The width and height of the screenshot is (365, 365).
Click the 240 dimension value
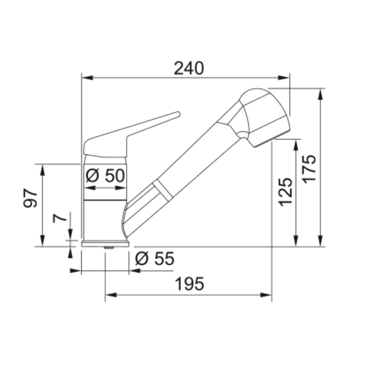(189, 68)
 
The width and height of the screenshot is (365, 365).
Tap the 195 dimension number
(189, 284)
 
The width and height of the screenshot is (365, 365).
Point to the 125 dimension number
(285, 192)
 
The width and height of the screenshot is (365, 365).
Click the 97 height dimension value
(30, 198)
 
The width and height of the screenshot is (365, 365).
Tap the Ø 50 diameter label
(105, 176)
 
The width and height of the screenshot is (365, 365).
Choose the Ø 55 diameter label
(155, 259)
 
